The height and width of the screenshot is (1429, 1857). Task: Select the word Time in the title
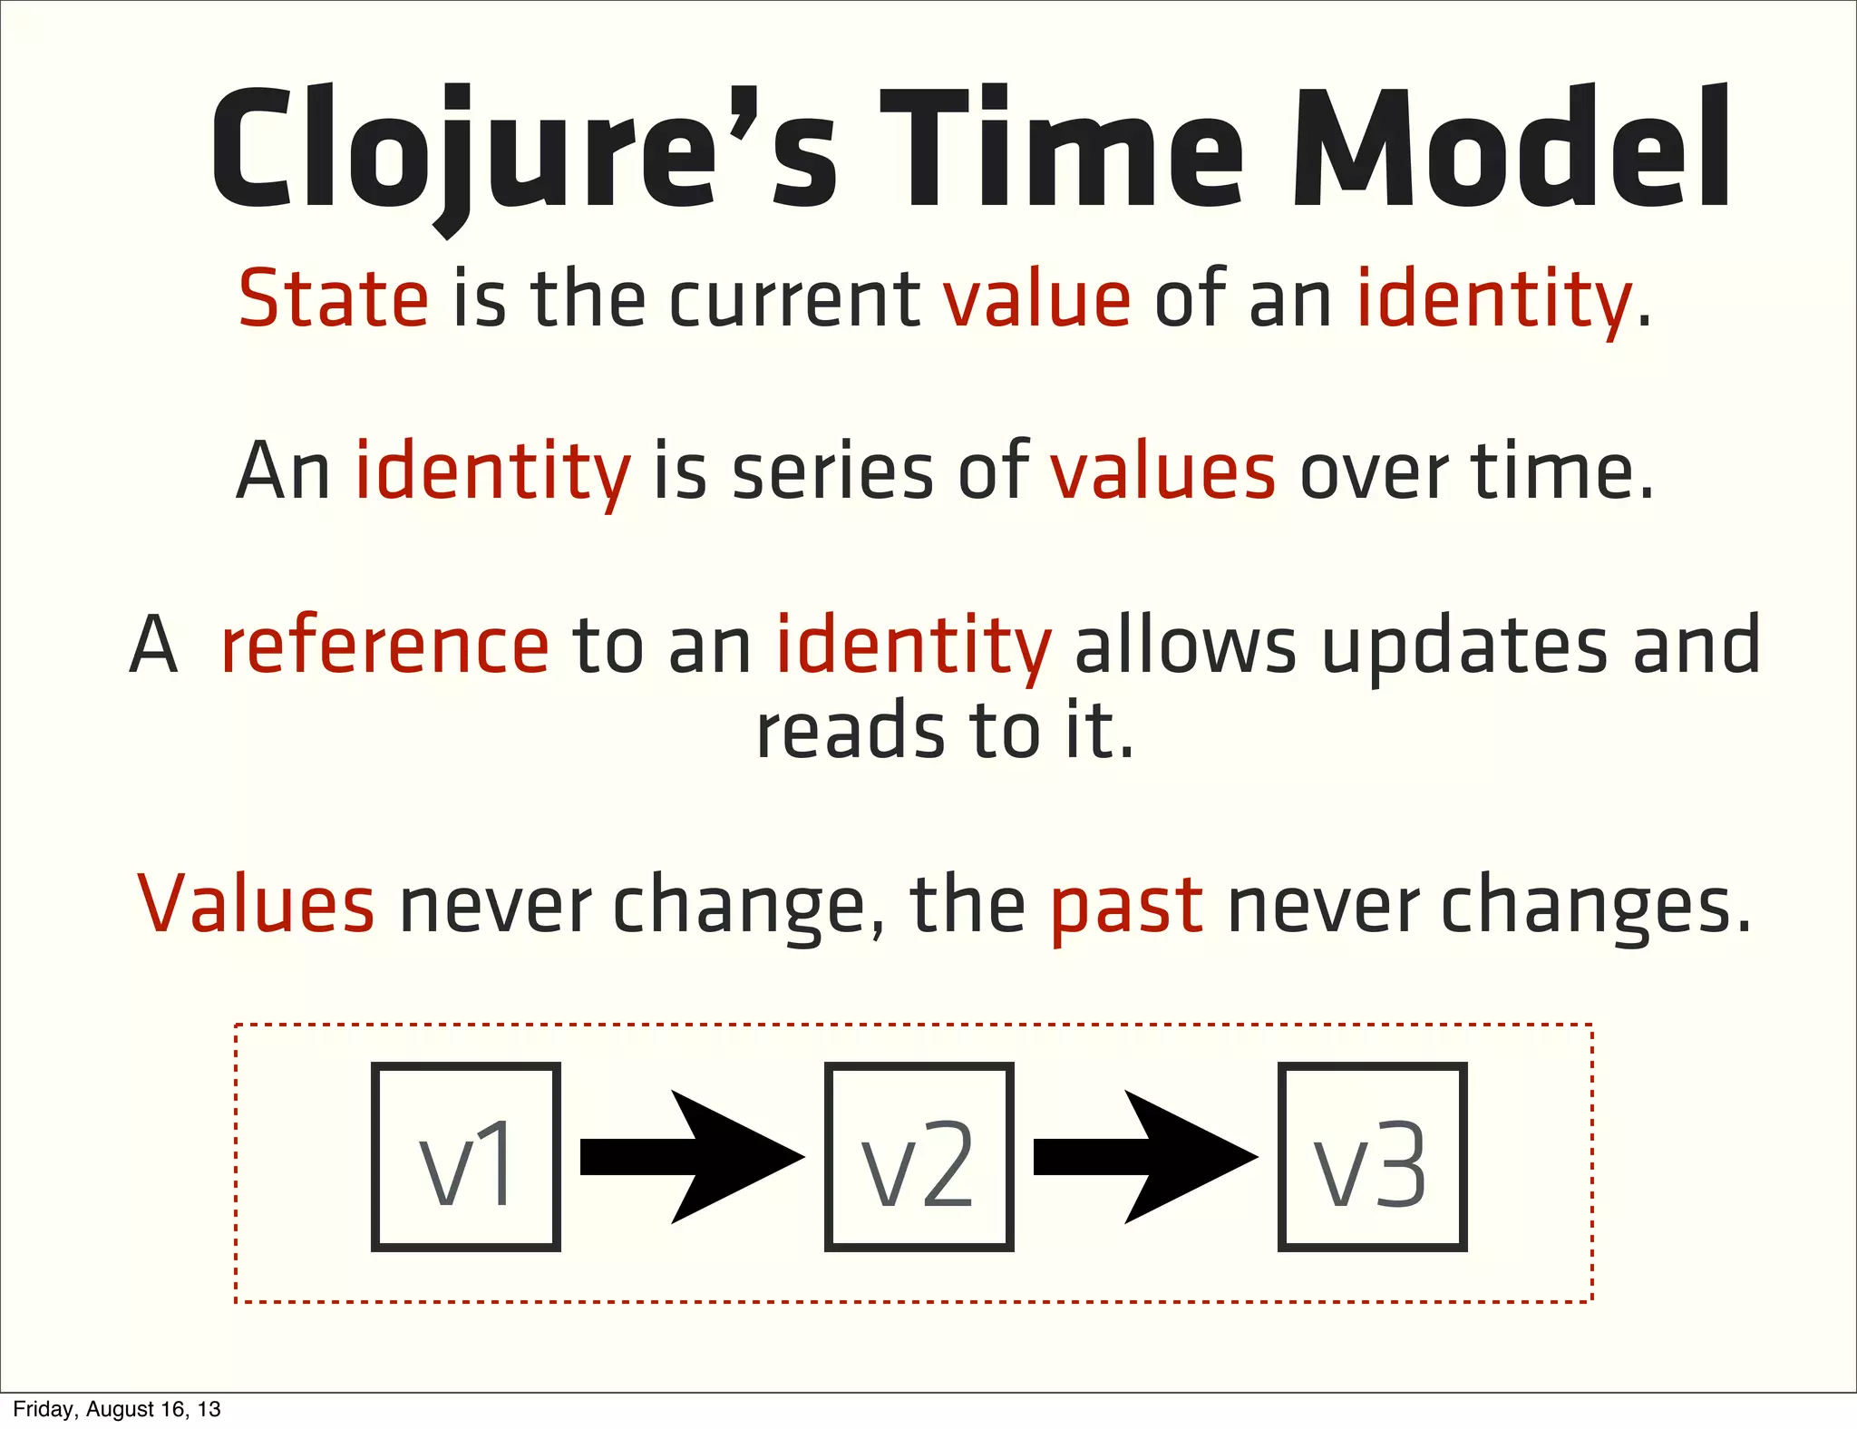[1061, 150]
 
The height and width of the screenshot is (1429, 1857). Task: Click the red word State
[333, 299]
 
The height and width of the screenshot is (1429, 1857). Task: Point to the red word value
[1036, 299]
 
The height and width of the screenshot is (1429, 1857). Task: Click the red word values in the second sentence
[1162, 471]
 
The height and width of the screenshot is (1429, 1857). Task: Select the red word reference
[384, 646]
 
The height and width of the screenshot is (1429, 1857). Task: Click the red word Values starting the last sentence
[256, 903]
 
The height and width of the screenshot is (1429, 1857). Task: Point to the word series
[832, 471]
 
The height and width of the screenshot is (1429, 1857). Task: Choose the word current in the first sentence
[794, 299]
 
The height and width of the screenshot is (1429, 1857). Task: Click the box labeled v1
[465, 1157]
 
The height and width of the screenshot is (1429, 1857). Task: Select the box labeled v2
[919, 1157]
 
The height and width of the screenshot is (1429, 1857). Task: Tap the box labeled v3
[1372, 1157]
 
